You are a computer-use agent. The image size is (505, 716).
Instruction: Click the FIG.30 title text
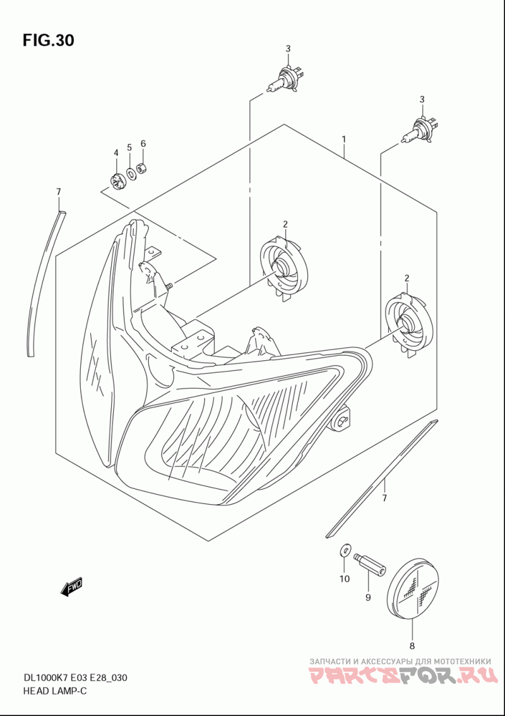click(x=48, y=40)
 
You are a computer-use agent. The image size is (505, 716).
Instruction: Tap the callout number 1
click(x=344, y=139)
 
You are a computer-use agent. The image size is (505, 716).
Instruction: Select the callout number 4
click(x=116, y=153)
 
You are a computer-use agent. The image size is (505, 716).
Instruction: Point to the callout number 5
click(x=129, y=148)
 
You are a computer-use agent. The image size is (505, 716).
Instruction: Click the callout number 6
click(x=143, y=144)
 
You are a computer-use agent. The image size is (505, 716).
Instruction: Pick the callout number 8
click(x=412, y=645)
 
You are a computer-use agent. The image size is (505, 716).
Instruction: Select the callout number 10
click(x=344, y=578)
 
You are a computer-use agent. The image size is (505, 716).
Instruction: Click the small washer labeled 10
click(x=343, y=549)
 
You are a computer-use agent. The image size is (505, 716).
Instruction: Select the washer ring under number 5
click(x=130, y=172)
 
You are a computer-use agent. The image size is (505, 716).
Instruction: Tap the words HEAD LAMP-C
click(x=54, y=691)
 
